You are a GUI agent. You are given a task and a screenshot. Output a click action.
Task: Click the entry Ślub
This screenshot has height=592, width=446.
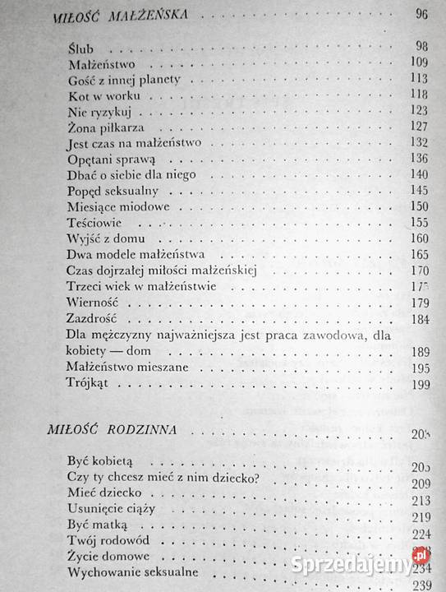(83, 49)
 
